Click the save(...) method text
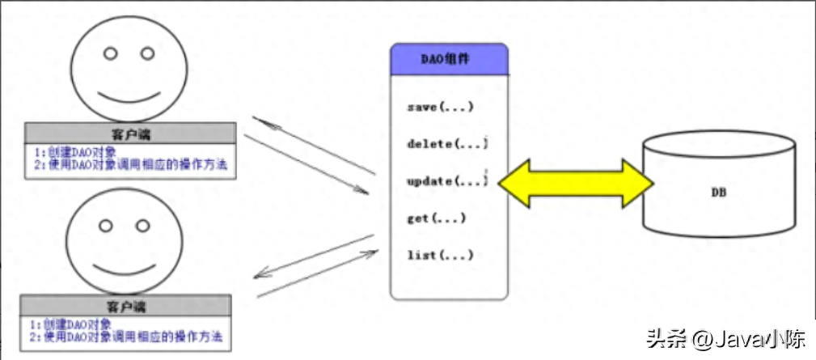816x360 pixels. point(440,108)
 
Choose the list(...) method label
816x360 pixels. point(439,256)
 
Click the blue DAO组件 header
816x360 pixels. point(450,60)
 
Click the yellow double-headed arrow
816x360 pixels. point(576,184)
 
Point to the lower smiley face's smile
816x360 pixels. point(121,268)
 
